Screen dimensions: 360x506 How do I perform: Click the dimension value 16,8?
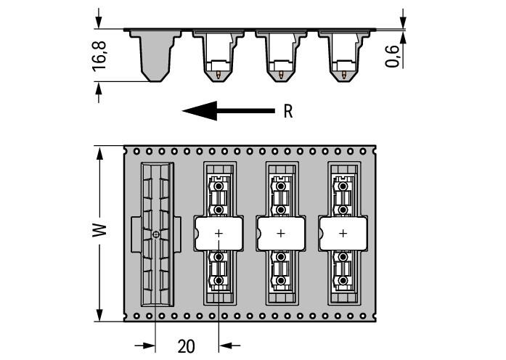pos(100,55)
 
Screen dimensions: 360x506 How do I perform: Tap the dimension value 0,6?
pos(392,56)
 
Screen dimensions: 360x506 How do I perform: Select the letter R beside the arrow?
pos(287,112)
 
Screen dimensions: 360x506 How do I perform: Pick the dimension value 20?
pos(187,345)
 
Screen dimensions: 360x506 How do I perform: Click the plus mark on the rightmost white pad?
pos(343,233)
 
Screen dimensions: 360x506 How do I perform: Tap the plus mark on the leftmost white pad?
pos(218,233)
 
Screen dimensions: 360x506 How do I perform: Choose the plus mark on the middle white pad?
pos(280,233)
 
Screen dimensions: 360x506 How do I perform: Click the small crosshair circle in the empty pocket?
pos(157,234)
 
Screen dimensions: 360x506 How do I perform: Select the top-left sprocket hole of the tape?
pos(136,152)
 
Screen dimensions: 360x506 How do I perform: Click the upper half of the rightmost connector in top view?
pos(343,195)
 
